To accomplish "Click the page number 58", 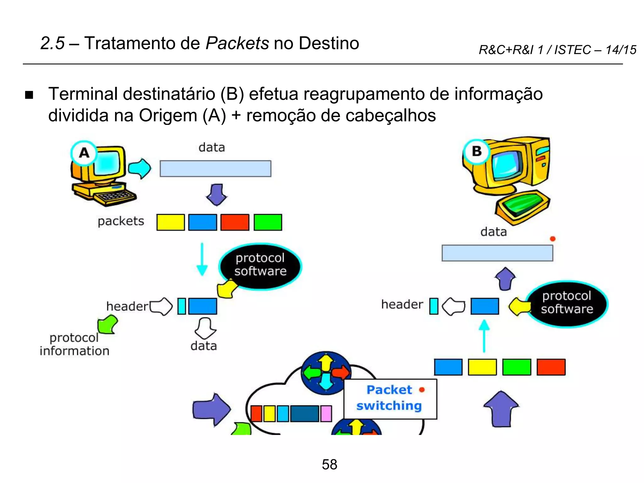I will pyautogui.click(x=329, y=464).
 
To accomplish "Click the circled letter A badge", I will pyautogui.click(x=84, y=153).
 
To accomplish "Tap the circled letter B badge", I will pyautogui.click(x=477, y=151).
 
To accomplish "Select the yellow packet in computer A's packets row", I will pyautogui.click(x=170, y=222).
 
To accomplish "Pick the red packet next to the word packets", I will pyautogui.click(x=235, y=222).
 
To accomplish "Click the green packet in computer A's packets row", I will pyautogui.click(x=268, y=222).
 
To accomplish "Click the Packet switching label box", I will pyautogui.click(x=390, y=399).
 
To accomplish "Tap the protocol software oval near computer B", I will pyautogui.click(x=567, y=303).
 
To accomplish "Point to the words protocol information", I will pyautogui.click(x=75, y=344).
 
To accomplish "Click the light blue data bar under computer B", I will pyautogui.click(x=497, y=253).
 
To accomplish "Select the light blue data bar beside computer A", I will pyautogui.click(x=215, y=169).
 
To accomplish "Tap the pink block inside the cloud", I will pyautogui.click(x=326, y=414).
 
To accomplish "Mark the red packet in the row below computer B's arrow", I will pyautogui.click(x=551, y=367).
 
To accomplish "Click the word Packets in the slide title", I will pyautogui.click(x=237, y=43).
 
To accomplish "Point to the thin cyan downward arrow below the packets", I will pyautogui.click(x=202, y=259).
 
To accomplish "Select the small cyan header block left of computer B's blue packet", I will pyautogui.click(x=434, y=306).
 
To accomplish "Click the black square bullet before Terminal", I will pyautogui.click(x=29, y=95).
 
